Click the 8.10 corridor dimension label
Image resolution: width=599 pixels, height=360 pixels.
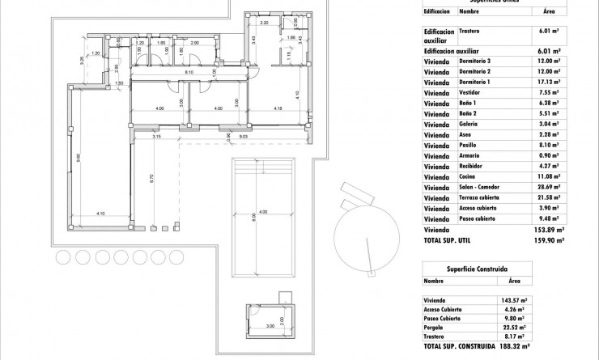188,73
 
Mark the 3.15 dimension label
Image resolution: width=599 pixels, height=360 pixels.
156,138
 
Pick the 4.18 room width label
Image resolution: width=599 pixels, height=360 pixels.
277,108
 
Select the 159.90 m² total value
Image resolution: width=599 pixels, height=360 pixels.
548,240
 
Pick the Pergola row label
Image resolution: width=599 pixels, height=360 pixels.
436,327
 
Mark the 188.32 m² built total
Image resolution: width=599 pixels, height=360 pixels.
512,349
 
